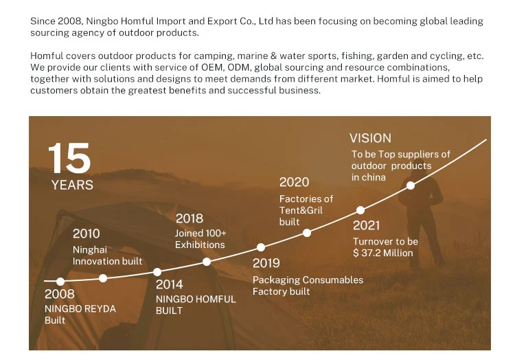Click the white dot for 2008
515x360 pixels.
[60, 282]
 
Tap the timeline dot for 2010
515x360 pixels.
[103, 278]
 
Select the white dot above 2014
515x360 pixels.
[157, 272]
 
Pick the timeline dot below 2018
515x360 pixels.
[207, 262]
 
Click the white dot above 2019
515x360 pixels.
[261, 247]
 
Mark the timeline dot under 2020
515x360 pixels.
[307, 233]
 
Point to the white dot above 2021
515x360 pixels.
[360, 210]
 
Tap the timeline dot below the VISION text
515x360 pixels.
[411, 185]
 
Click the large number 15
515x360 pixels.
[69, 158]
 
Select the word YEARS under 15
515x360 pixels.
[72, 185]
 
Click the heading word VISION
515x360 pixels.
[370, 138]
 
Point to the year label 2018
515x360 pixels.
[189, 218]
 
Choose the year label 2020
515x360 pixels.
[294, 182]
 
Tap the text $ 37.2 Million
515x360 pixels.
[383, 253]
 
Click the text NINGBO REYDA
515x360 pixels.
[80, 308]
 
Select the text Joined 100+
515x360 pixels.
[201, 233]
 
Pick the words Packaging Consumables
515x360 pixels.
[308, 280]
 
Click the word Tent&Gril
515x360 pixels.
[301, 210]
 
